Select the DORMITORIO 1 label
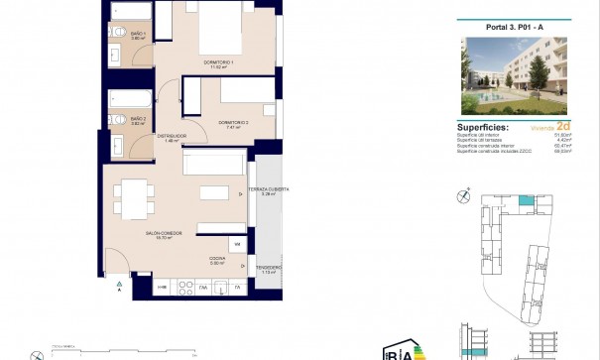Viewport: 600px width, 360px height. (218, 63)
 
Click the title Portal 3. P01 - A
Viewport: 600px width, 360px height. (512, 27)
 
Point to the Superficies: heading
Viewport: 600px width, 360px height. (483, 128)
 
